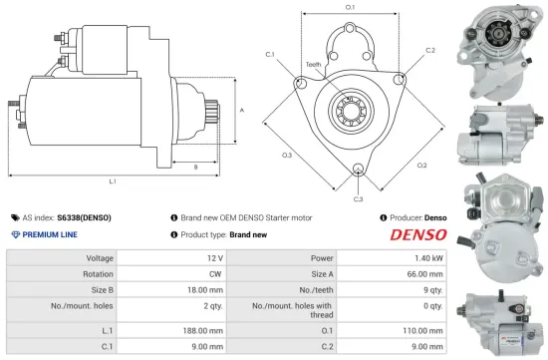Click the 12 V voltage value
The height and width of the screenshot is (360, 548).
coord(220,257)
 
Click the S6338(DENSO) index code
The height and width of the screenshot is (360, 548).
coord(85,216)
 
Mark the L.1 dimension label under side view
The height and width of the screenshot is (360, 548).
coord(113,181)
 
